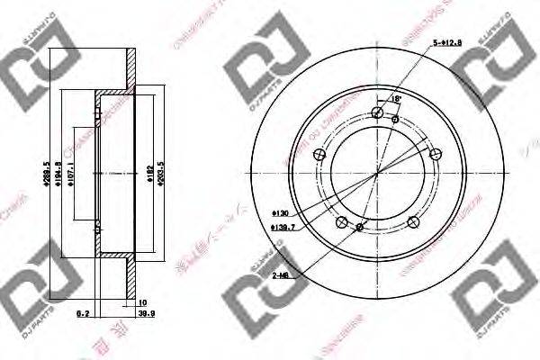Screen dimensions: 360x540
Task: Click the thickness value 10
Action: (x=142, y=302)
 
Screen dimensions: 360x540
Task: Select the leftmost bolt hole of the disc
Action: (x=316, y=156)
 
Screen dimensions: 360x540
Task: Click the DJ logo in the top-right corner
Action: (x=493, y=71)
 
